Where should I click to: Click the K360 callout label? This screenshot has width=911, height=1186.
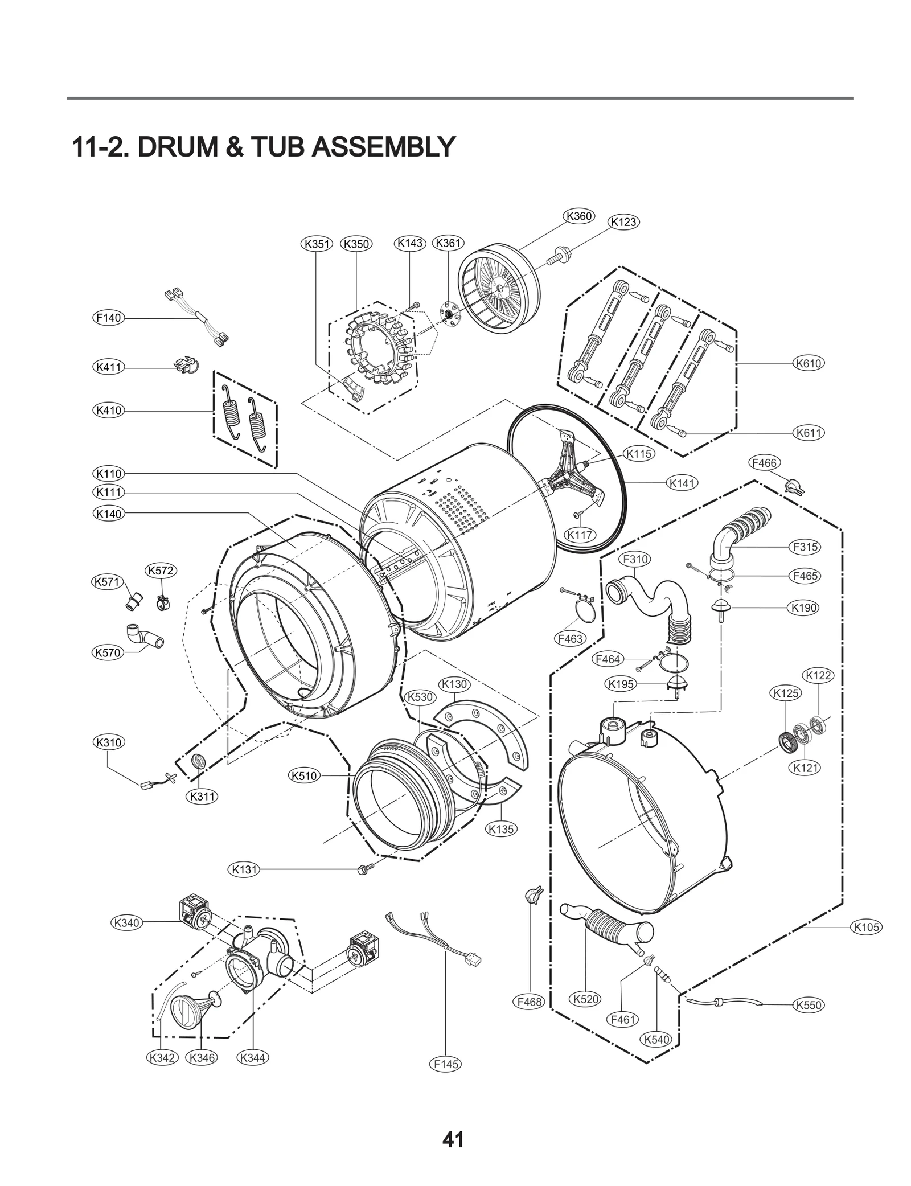pos(579,216)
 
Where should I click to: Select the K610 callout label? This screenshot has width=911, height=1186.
pos(809,363)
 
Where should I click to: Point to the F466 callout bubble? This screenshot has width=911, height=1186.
pos(764,463)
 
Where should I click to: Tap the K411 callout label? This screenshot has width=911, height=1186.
pos(108,367)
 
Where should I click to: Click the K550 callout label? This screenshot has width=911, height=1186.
pos(809,1005)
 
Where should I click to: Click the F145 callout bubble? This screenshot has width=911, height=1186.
pos(446,1064)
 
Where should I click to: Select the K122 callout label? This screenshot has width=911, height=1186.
pos(819,675)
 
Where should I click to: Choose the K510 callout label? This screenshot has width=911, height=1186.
pos(304,775)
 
